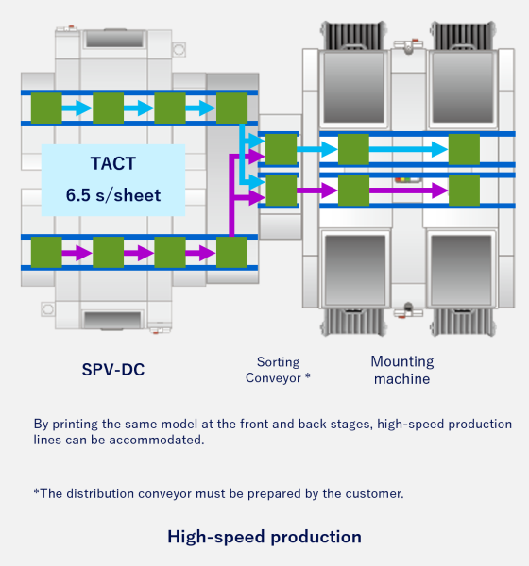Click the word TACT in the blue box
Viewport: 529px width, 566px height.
point(113,163)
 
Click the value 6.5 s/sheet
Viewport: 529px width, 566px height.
point(113,195)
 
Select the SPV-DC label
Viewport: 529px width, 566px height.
point(113,369)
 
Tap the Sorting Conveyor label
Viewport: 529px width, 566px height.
point(278,370)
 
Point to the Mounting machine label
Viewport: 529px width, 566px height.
point(402,370)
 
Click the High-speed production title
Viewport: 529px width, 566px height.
point(264,537)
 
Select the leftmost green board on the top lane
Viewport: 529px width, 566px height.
point(46,108)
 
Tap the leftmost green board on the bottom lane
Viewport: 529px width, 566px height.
point(46,252)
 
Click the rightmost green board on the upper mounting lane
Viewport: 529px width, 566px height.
point(464,149)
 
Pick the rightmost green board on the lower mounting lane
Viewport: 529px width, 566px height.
point(464,191)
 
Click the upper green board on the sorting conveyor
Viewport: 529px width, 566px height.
point(281,149)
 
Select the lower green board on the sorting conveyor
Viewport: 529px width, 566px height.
point(281,191)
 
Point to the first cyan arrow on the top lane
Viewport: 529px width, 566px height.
point(77,108)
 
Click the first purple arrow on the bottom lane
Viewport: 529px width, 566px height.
point(77,253)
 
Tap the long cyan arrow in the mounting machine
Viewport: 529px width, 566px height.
point(409,149)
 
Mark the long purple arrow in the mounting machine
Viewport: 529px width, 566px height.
point(409,191)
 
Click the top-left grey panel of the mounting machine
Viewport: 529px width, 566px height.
point(353,88)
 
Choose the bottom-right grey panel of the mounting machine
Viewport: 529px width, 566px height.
point(461,271)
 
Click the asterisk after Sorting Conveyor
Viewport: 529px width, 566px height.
point(308,376)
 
